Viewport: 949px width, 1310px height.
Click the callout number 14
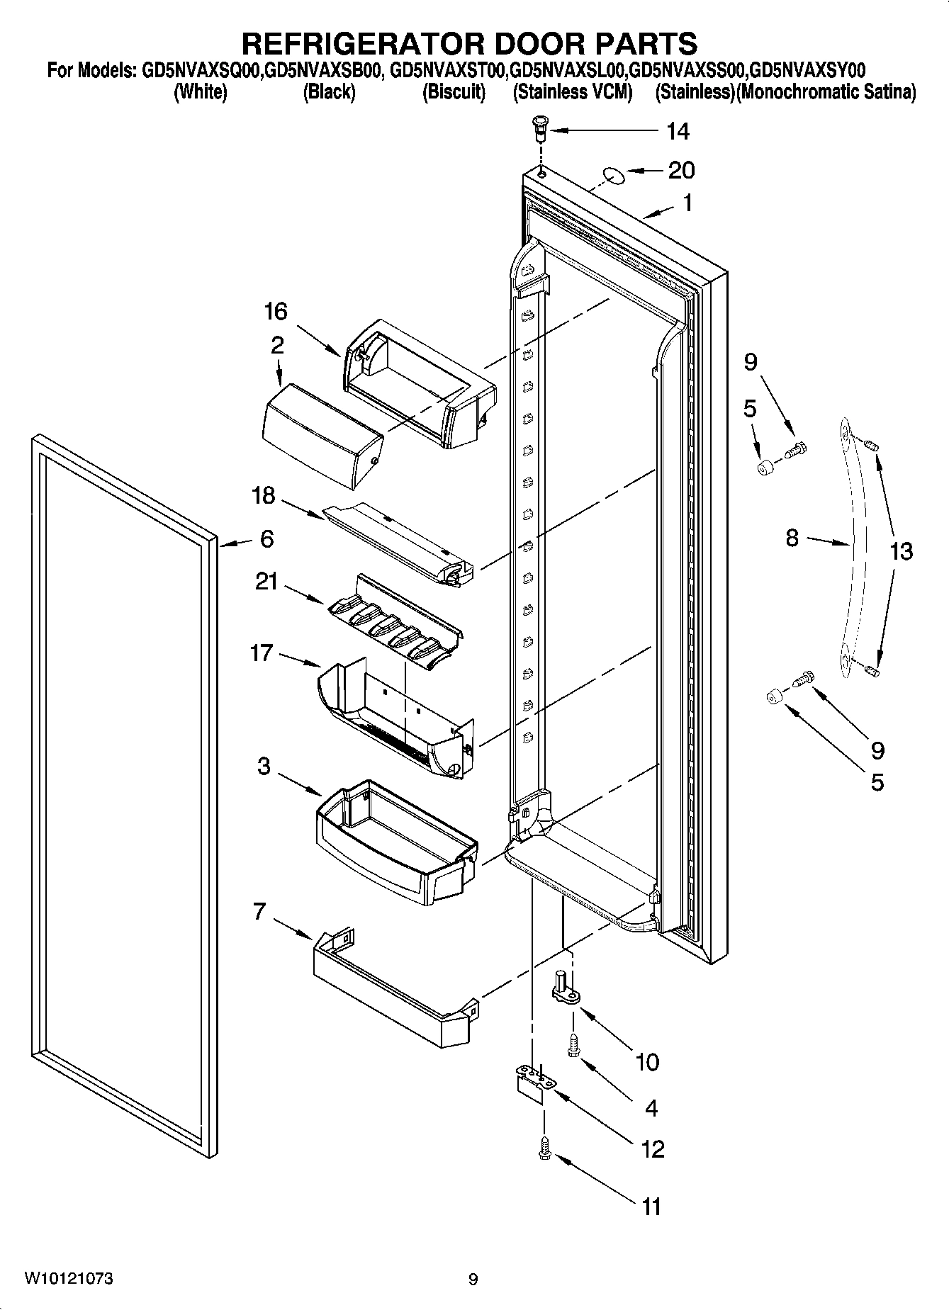click(x=678, y=131)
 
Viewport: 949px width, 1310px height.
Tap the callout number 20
click(x=680, y=170)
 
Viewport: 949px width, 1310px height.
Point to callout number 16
click(x=276, y=311)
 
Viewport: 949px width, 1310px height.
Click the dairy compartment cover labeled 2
click(x=320, y=434)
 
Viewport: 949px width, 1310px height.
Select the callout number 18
click(x=263, y=495)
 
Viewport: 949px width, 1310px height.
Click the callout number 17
click(x=262, y=653)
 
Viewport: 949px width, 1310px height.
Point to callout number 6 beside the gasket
click(x=266, y=539)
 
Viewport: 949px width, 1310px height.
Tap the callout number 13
click(x=901, y=551)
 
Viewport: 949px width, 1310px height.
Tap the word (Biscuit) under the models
click(x=454, y=92)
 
